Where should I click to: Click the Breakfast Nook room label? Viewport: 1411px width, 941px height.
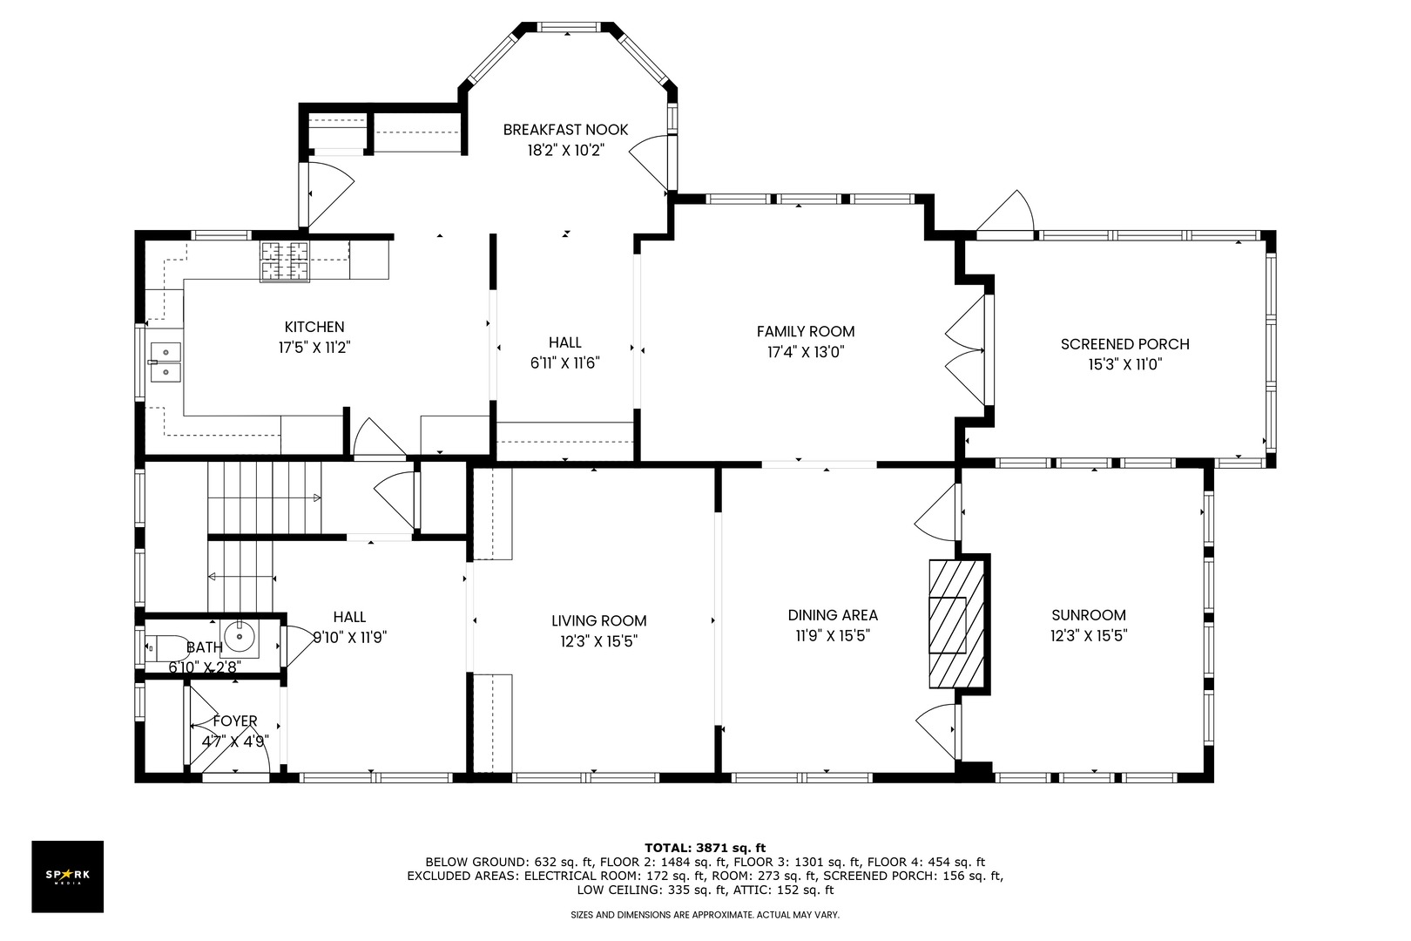565,130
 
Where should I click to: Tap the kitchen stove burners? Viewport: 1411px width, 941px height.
285,261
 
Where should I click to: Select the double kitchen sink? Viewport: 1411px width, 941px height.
165,362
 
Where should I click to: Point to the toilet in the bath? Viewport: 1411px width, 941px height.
166,647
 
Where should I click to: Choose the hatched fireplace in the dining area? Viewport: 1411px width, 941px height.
956,624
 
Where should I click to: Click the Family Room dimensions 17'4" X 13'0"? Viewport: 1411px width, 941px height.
806,352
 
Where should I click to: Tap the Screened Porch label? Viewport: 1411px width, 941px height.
1125,344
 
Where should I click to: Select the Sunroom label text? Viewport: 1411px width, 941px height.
1089,615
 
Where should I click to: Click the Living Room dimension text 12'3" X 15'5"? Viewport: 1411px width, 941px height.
599,641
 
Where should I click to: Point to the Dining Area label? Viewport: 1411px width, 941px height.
833,615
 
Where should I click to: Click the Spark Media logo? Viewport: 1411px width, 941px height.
67,876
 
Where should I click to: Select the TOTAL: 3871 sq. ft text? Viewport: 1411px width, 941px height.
705,848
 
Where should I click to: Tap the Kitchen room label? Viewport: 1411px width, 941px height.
314,327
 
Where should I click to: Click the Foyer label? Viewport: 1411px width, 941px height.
235,721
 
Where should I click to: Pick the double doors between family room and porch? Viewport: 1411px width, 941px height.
966,350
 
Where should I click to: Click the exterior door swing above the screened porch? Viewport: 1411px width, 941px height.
1005,214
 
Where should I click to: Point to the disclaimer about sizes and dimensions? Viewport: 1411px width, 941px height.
705,915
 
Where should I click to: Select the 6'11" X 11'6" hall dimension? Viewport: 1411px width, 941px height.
565,363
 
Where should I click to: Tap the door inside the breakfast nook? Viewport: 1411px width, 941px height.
649,162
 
